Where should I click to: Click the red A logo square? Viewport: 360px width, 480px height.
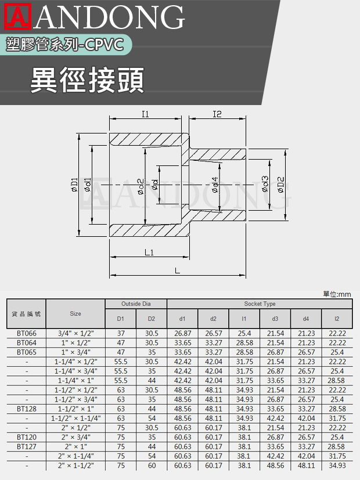point(18,16)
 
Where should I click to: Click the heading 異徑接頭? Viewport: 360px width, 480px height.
point(87,80)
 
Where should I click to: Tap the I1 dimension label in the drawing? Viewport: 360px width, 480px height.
point(145,114)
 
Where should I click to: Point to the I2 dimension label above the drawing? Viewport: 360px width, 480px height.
point(217,114)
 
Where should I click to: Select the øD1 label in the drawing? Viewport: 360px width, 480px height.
point(74,185)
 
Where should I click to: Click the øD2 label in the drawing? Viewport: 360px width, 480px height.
point(281,185)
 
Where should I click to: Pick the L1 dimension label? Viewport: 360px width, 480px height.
point(149,252)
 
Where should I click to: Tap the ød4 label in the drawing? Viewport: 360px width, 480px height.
point(215,185)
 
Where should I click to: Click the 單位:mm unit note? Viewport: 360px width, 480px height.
point(337,294)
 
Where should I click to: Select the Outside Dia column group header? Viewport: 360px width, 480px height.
point(136,304)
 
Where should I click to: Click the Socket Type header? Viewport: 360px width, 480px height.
point(260,304)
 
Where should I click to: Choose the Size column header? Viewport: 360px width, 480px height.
point(75,313)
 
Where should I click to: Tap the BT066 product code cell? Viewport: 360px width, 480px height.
point(26,333)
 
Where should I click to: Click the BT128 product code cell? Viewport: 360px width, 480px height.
point(26,409)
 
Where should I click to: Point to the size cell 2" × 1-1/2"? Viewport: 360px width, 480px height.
point(76,465)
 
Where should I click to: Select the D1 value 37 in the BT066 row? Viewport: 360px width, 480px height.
point(121,333)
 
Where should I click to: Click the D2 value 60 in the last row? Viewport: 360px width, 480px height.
point(152,465)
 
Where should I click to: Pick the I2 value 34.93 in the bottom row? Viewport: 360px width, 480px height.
point(337,465)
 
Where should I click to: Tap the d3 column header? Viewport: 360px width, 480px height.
point(275,319)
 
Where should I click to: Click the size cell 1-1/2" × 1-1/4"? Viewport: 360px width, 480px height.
point(76,418)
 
